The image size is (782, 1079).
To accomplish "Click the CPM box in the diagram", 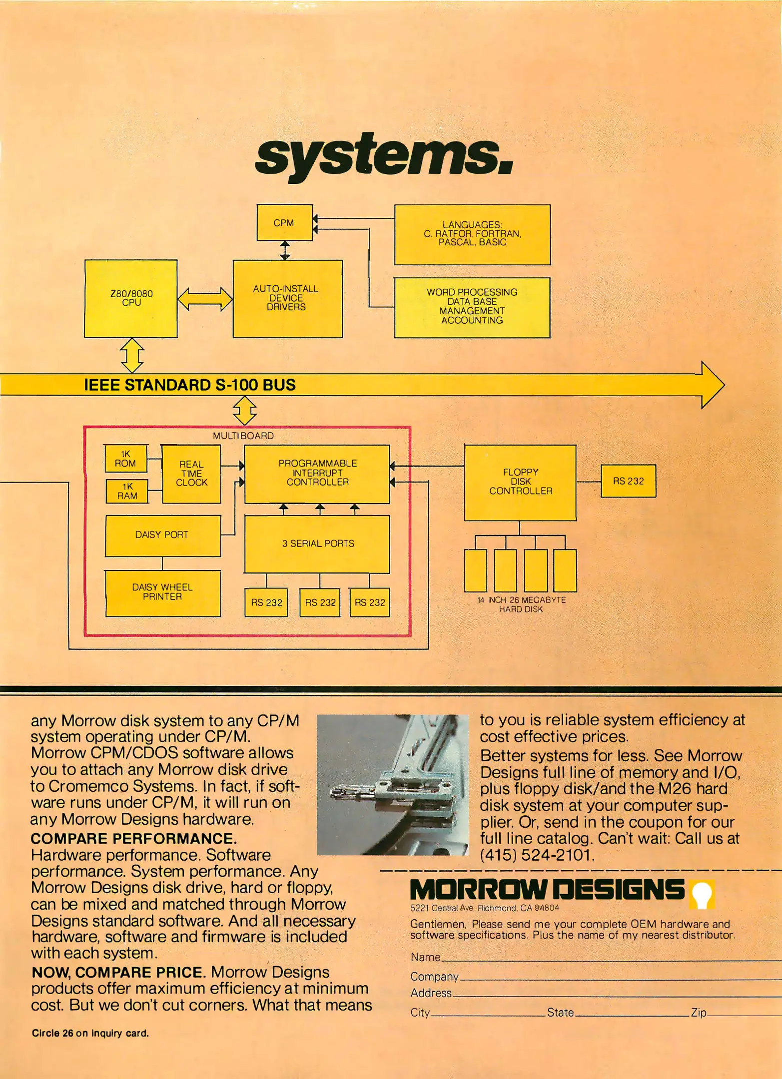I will click(284, 222).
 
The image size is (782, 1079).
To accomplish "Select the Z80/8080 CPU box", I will click(131, 298).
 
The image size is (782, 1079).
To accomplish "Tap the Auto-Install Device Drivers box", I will click(287, 298).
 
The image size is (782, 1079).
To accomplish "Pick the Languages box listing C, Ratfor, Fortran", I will click(472, 234).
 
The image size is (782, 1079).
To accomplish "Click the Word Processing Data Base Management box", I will click(472, 307).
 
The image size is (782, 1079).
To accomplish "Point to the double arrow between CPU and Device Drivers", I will click(205, 299).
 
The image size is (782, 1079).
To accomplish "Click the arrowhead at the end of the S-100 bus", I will click(712, 385).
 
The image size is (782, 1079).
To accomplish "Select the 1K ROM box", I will click(126, 459).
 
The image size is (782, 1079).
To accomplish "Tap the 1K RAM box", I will click(127, 491).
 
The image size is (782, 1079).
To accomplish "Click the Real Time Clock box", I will click(191, 474).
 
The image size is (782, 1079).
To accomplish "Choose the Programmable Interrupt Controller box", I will click(317, 474).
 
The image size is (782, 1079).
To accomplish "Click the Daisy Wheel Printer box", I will click(162, 592).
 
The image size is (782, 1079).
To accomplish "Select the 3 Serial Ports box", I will click(317, 543).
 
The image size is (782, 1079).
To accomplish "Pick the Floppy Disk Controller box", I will click(520, 482).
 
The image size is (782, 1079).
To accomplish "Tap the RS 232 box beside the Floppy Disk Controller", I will click(628, 481).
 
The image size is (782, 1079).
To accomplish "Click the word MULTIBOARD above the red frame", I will click(243, 436).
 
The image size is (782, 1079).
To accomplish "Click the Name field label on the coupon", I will click(425, 957).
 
